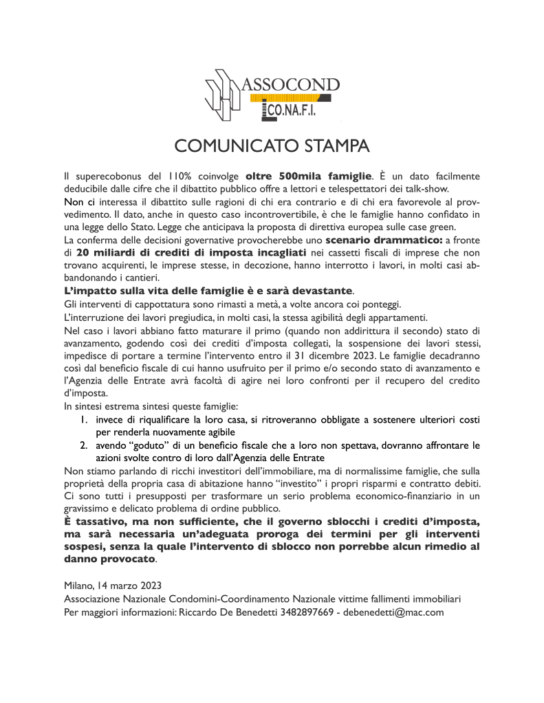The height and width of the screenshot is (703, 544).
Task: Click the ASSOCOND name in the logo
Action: (292, 86)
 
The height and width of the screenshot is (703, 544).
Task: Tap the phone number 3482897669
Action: (307, 612)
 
